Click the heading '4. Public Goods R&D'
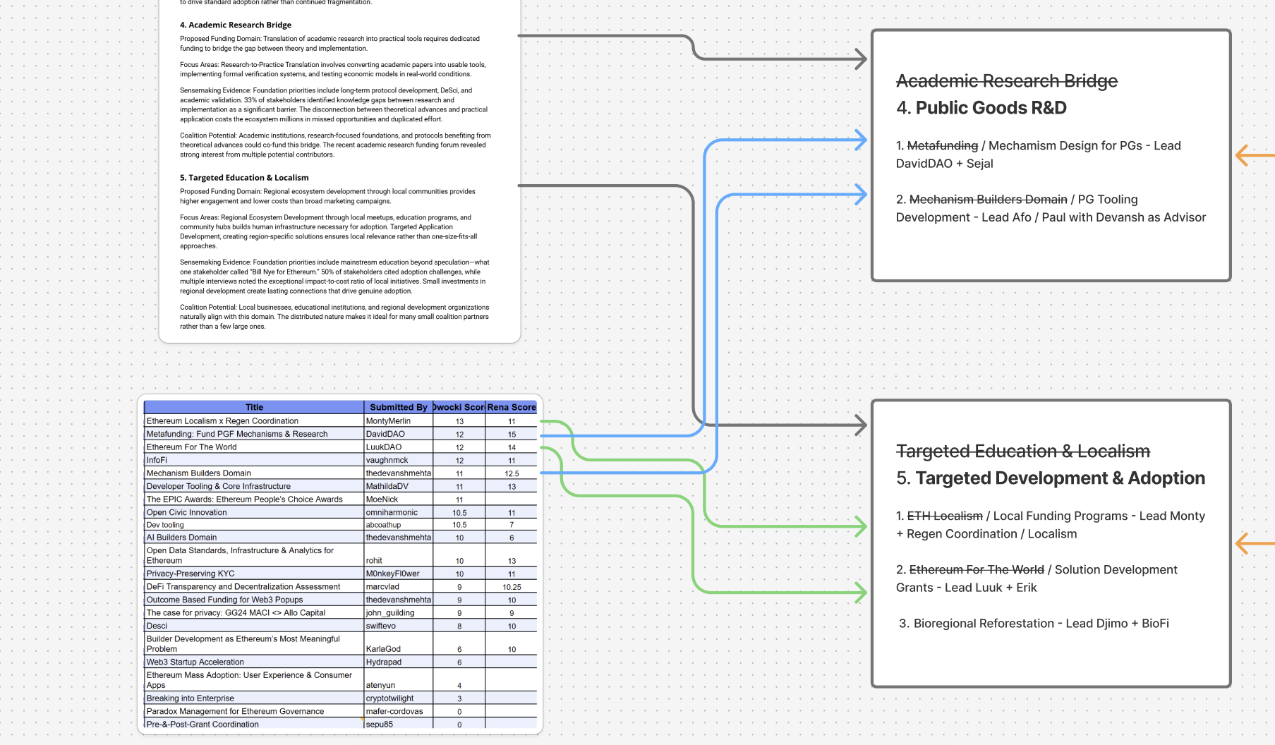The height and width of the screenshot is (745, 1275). click(981, 108)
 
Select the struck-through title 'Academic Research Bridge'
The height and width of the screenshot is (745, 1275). click(1007, 81)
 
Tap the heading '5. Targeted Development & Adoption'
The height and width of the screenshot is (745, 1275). click(1051, 478)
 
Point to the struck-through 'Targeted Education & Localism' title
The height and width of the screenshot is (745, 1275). click(1023, 451)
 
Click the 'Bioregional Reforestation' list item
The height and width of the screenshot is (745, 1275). click(1034, 624)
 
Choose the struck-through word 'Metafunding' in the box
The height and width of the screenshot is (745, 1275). click(943, 145)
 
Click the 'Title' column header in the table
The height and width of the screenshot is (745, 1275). click(254, 407)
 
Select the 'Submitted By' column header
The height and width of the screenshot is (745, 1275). click(399, 407)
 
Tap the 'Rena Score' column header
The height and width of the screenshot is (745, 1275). click(512, 407)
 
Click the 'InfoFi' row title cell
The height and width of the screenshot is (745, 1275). click(157, 460)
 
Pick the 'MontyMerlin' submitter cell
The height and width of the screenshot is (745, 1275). click(388, 421)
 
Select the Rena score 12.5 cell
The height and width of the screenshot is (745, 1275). click(512, 474)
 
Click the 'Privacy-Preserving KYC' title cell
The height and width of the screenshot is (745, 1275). click(191, 574)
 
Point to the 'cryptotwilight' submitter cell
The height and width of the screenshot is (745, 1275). click(389, 698)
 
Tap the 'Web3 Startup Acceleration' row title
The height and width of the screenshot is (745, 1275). click(195, 662)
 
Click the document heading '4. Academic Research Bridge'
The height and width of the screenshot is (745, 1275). click(236, 25)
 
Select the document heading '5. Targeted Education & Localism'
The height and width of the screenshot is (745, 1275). click(244, 178)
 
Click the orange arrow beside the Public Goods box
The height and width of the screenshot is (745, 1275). click(1255, 155)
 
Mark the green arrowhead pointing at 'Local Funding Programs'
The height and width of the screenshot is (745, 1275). click(860, 526)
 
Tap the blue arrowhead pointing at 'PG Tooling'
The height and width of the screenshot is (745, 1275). click(860, 194)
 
